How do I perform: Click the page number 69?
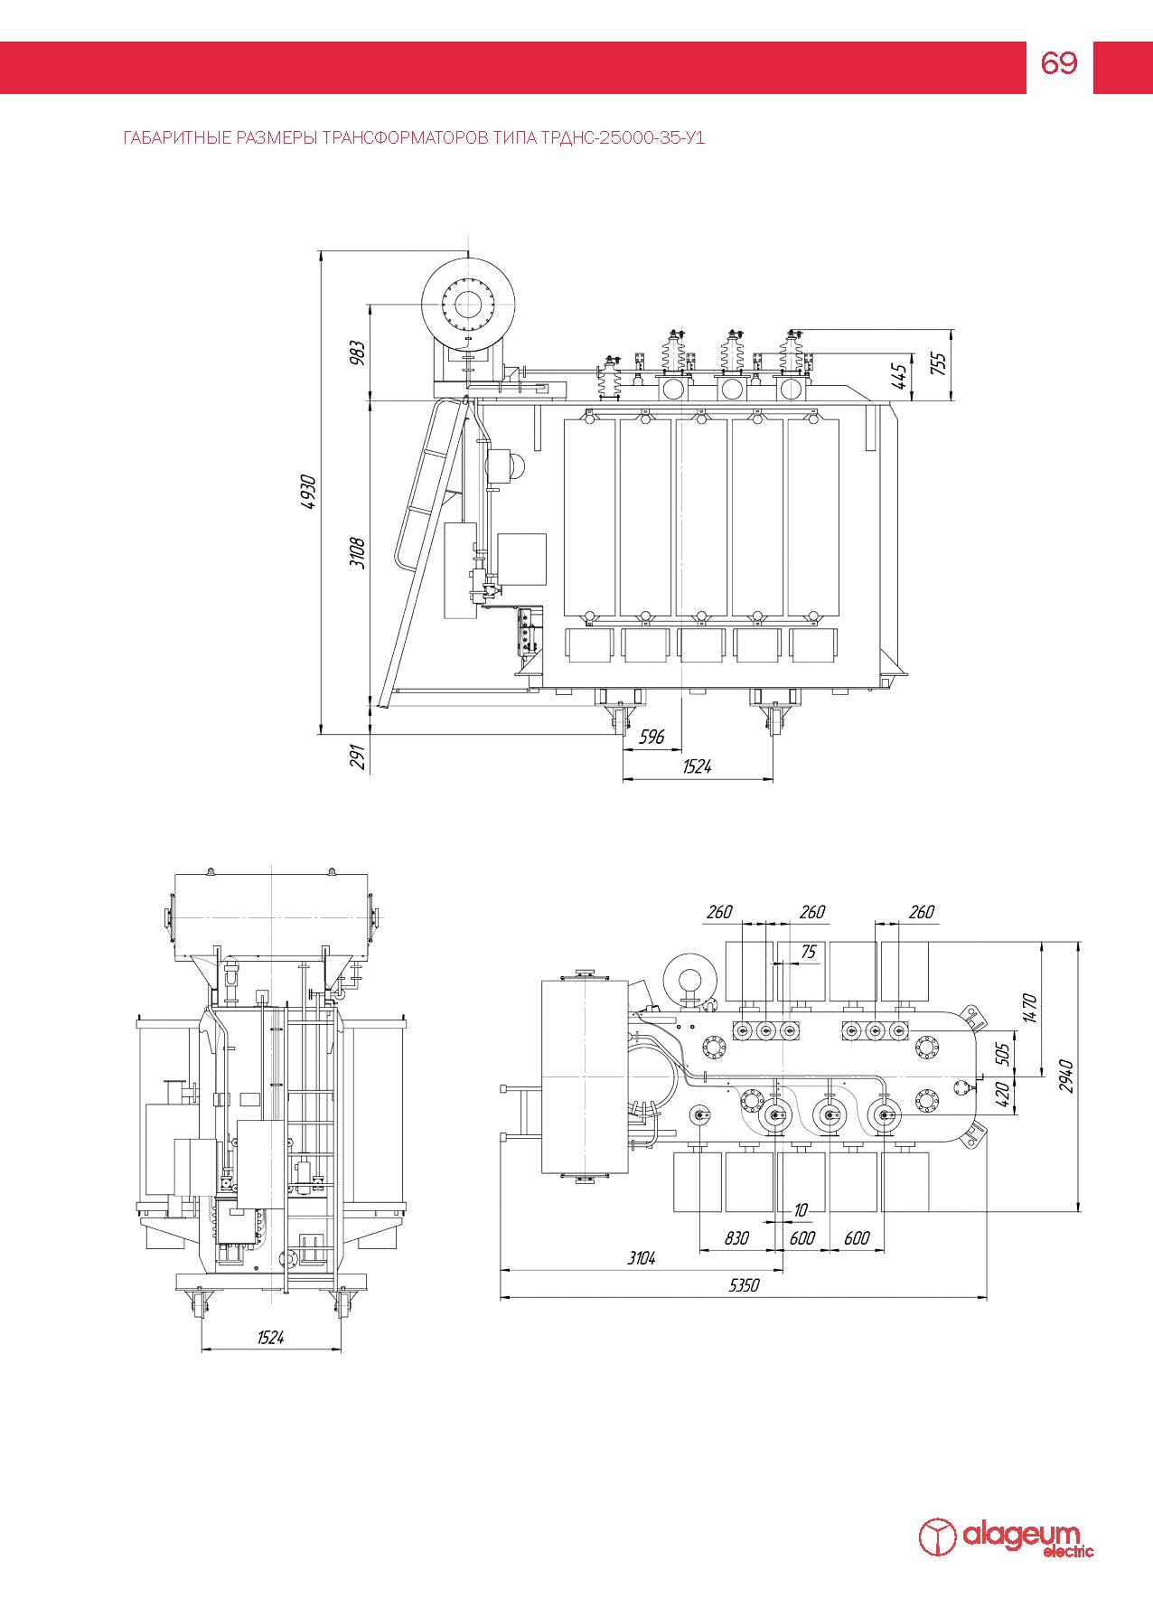(x=1059, y=63)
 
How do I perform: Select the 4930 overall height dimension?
(x=309, y=492)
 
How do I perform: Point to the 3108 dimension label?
(x=358, y=551)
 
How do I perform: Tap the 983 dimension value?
(x=358, y=353)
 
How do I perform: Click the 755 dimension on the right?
(x=938, y=362)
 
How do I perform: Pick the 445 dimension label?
(x=898, y=376)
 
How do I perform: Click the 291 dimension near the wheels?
(x=358, y=757)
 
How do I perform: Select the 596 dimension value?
(x=651, y=737)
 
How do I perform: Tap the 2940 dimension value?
(x=1066, y=1076)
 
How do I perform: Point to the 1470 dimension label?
(x=1030, y=1006)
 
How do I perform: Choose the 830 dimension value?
(x=736, y=1238)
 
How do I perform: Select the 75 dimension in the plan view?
(x=807, y=951)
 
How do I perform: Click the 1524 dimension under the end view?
(x=270, y=1338)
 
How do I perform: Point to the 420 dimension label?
(x=1000, y=1095)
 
